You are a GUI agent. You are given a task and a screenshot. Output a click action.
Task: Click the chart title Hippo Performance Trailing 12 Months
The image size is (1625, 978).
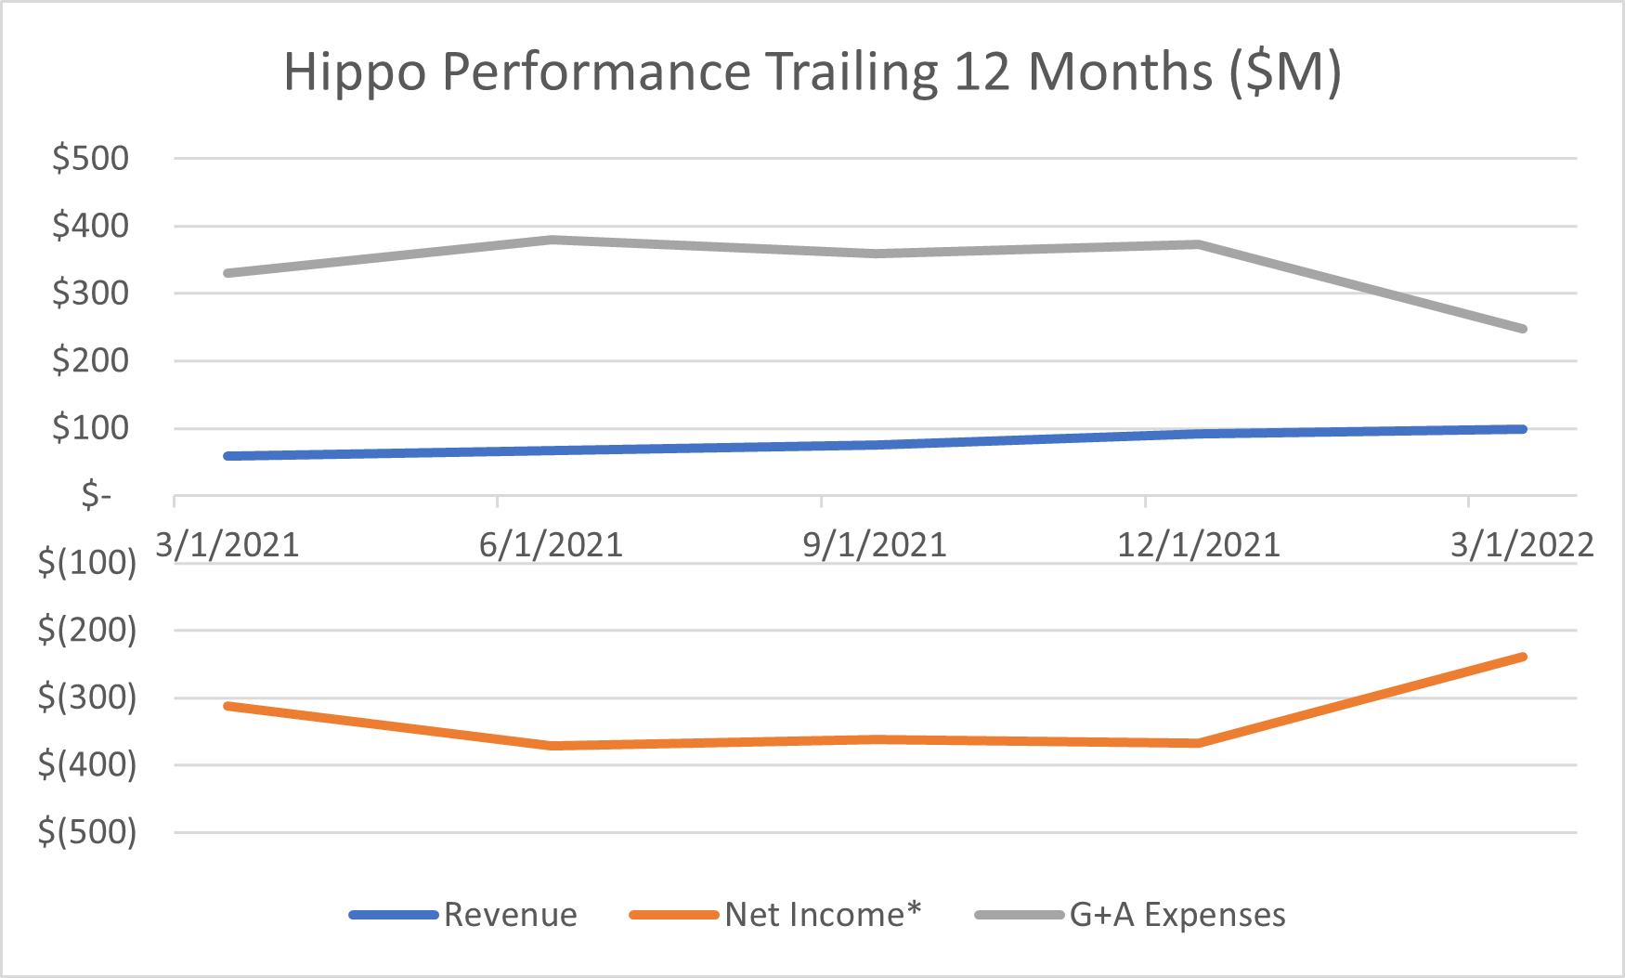tap(812, 72)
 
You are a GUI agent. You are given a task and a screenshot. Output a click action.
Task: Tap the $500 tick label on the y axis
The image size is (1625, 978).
tap(90, 159)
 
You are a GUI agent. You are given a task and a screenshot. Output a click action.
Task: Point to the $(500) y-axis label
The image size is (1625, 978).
tap(86, 832)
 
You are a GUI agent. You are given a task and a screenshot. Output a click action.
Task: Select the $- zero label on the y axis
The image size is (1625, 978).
tap(97, 495)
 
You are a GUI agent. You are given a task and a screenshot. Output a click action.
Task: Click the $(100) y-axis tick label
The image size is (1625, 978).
tap(86, 563)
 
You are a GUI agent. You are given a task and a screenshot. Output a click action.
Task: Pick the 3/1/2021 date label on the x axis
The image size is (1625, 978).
tap(227, 545)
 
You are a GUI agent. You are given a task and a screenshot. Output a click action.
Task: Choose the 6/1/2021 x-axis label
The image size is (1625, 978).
tap(551, 545)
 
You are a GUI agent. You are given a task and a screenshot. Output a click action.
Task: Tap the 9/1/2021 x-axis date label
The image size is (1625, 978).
tap(875, 545)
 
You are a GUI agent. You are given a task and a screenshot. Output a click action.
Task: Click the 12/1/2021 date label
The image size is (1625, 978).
tap(1198, 545)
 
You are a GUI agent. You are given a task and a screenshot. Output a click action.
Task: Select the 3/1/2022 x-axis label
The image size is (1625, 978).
tap(1522, 545)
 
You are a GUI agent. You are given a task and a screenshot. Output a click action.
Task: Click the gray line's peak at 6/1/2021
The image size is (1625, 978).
tap(552, 240)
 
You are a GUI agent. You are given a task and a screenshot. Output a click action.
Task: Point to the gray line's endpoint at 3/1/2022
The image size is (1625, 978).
tap(1523, 329)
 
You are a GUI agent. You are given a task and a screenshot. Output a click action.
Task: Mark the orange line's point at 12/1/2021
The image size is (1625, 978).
tap(1199, 743)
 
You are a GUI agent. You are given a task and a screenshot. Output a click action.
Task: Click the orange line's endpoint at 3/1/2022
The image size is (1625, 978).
tap(1523, 657)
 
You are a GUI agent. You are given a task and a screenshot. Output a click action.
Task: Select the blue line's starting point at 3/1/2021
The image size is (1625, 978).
tap(227, 456)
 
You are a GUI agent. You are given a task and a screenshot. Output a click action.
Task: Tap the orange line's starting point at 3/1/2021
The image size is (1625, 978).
tap(227, 706)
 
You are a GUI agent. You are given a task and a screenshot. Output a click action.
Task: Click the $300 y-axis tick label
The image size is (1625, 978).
tap(90, 293)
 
